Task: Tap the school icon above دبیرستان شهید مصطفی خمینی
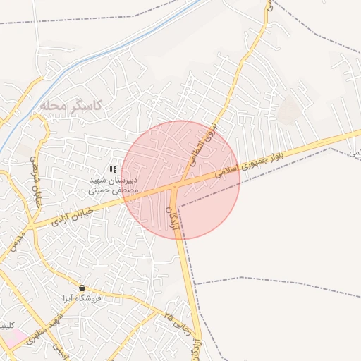pyautogui.click(x=113, y=169)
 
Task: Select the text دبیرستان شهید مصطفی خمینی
pyautogui.click(x=113, y=185)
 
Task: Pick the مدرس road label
pyautogui.click(x=13, y=244)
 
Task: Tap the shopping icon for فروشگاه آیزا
pyautogui.click(x=83, y=288)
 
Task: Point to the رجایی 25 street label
pyautogui.click(x=178, y=322)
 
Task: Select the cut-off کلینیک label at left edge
pyautogui.click(x=6, y=326)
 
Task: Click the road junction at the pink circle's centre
pyautogui.click(x=179, y=182)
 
